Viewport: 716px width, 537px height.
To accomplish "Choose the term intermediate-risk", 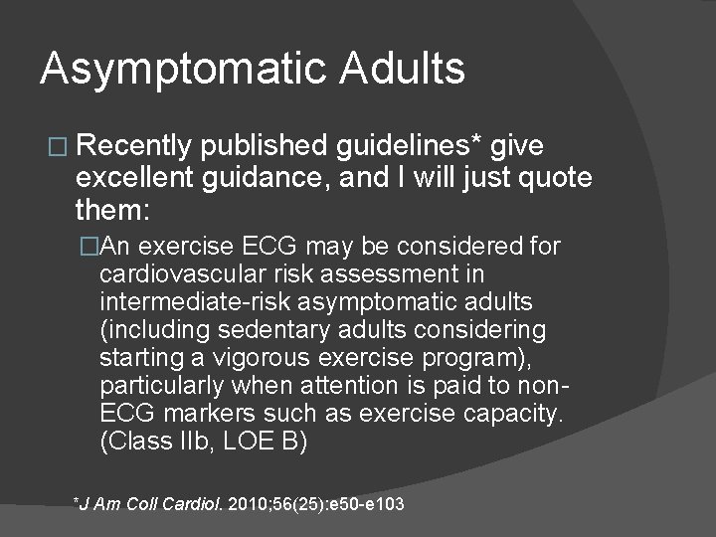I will [192, 301].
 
